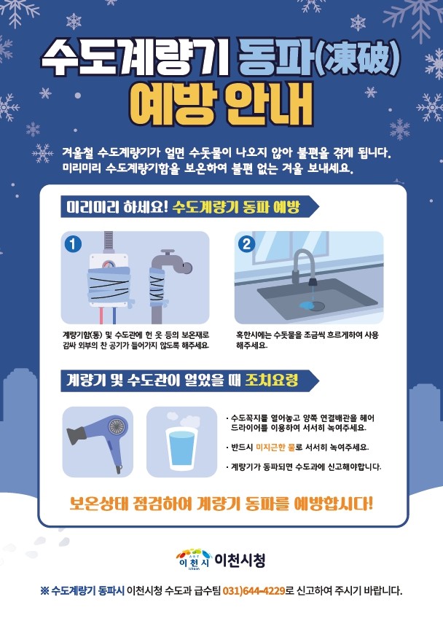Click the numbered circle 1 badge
pos(73,243)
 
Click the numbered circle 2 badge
pos(246,244)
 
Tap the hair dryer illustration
pos(98,441)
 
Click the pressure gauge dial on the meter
pos(107,265)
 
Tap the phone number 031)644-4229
pos(254,590)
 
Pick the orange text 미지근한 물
pos(275,447)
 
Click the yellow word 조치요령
pos(272,380)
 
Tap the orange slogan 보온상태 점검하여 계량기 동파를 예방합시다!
pos(221,504)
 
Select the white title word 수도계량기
pos(135,60)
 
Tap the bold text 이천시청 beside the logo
pos(240,560)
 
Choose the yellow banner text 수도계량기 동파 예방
pos(236,208)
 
